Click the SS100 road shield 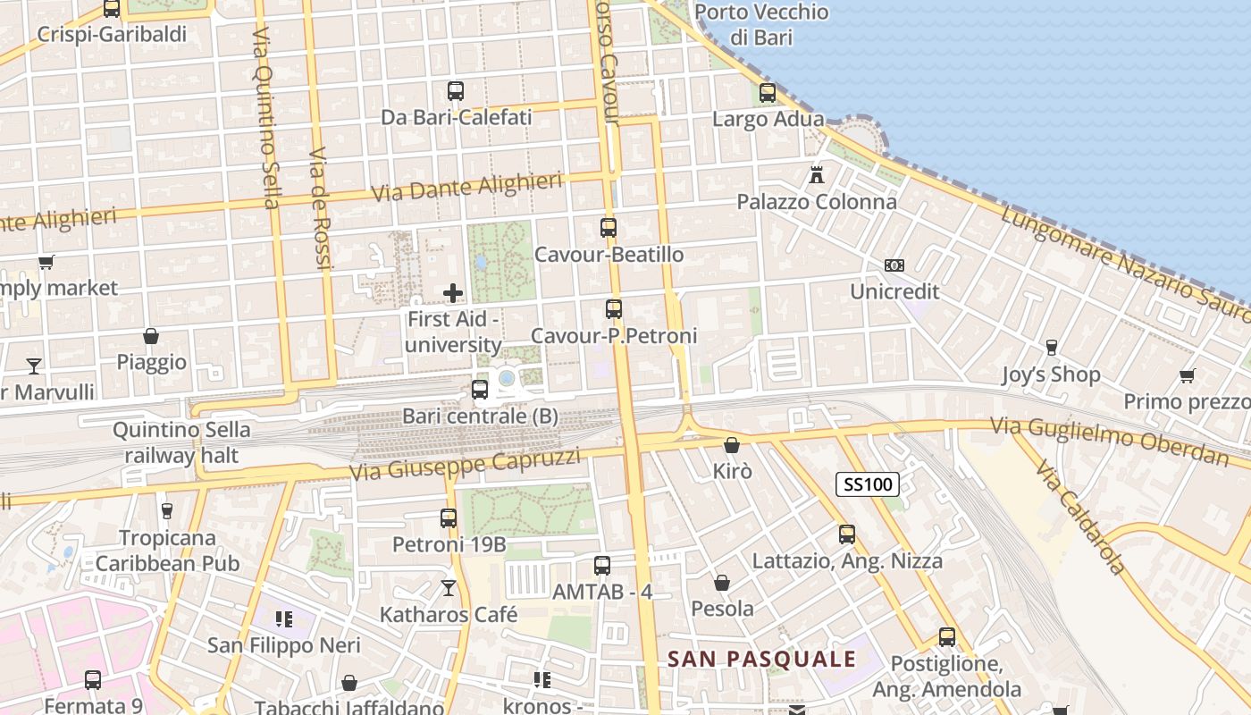(x=868, y=484)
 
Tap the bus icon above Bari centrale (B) (x=480, y=389)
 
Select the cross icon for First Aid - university (x=453, y=292)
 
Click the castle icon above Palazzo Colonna (x=816, y=175)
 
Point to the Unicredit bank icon (x=894, y=265)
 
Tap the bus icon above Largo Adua (x=768, y=92)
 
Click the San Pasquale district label (x=762, y=660)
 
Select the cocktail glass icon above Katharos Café (x=449, y=588)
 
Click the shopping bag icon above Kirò (x=732, y=444)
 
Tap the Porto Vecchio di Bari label (x=761, y=25)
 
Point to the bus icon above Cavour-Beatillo (x=609, y=227)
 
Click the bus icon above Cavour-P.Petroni (x=613, y=309)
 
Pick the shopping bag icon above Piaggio (x=151, y=336)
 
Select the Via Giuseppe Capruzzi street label (x=466, y=465)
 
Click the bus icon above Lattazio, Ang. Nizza (x=847, y=534)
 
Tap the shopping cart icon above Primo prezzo (x=1187, y=375)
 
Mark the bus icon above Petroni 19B (x=449, y=517)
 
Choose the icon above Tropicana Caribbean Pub (x=166, y=511)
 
